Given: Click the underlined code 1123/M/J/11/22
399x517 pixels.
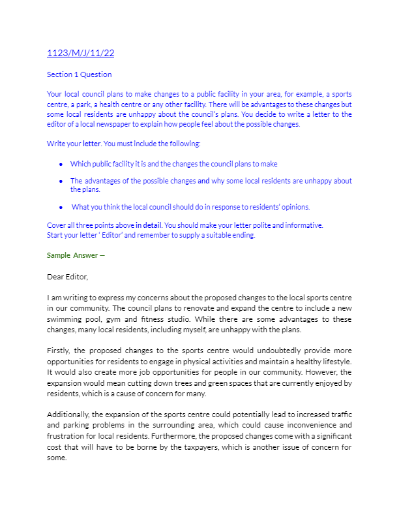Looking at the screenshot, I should tap(81, 53).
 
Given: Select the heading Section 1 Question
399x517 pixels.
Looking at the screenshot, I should tap(79, 74).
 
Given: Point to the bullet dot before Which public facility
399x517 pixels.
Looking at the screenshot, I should tap(61, 164).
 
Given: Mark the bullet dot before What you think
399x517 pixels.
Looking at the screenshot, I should tap(61, 208).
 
